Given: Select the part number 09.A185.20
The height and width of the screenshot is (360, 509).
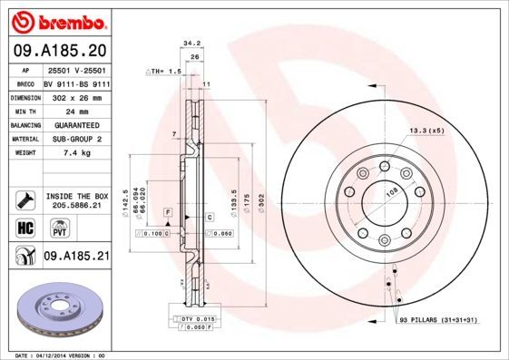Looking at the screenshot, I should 58,51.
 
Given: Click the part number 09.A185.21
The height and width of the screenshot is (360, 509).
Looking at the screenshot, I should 76,257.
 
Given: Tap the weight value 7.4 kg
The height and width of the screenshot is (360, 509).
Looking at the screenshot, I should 62,153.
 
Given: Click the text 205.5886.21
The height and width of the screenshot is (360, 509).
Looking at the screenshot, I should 76,205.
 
